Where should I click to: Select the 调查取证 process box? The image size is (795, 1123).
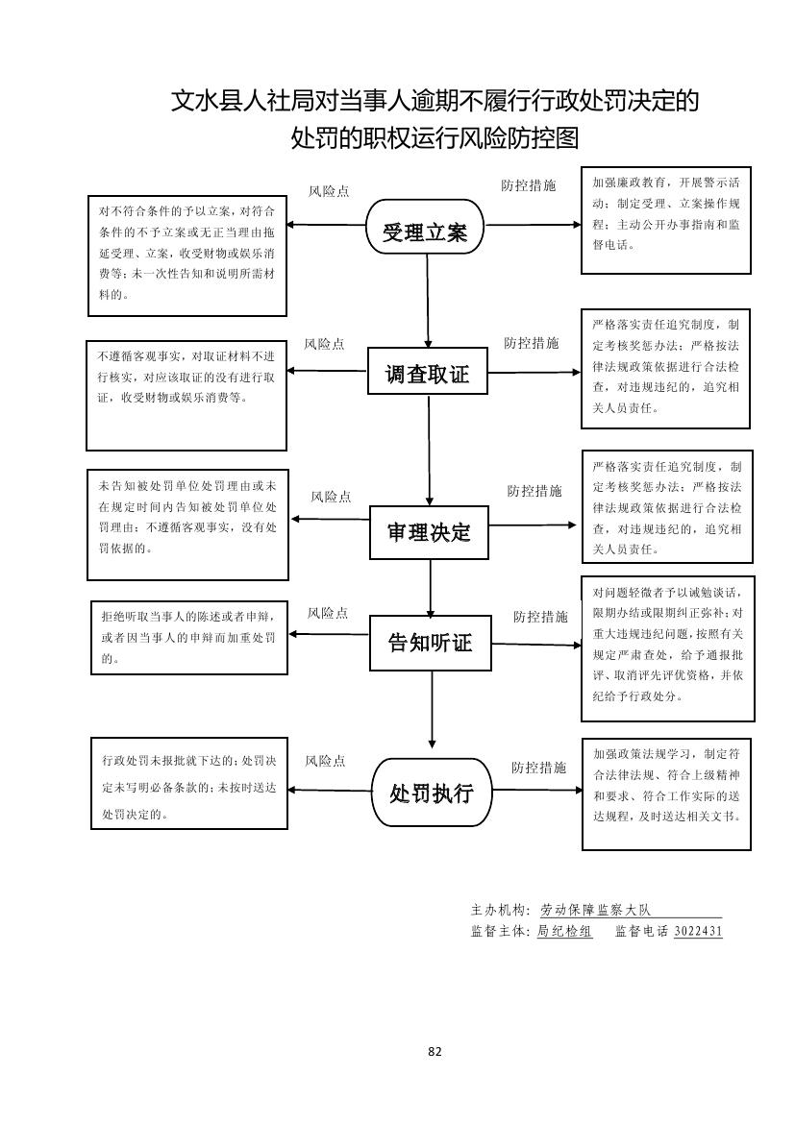click(428, 373)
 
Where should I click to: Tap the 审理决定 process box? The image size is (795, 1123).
click(430, 531)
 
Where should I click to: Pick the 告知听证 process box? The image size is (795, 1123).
click(430, 643)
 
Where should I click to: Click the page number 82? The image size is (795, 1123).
click(435, 1051)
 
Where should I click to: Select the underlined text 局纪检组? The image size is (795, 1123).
click(564, 931)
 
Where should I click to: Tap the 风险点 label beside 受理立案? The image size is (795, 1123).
click(329, 191)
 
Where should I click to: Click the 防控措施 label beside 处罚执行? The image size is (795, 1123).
click(538, 768)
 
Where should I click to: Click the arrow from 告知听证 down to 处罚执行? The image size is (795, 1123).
click(432, 709)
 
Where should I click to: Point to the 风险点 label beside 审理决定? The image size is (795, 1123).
click(331, 497)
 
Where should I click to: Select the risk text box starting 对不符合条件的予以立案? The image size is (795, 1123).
click(187, 256)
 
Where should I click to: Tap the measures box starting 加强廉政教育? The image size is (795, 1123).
click(665, 220)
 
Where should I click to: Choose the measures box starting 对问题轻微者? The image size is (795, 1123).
click(667, 647)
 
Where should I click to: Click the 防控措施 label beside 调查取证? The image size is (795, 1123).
click(531, 343)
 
